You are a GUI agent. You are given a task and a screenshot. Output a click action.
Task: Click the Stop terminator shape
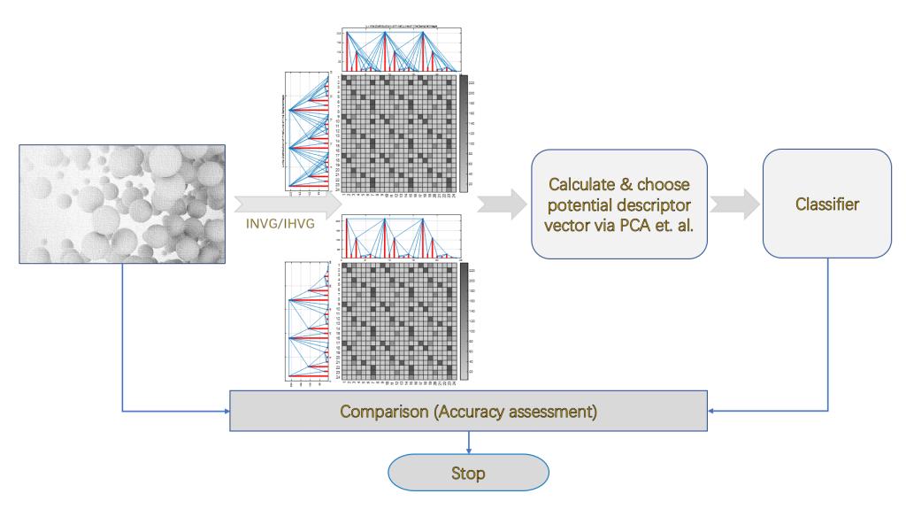coord(468,473)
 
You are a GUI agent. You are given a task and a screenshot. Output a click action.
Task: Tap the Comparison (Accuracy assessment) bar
coord(468,412)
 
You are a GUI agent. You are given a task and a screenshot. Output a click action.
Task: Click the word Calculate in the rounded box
coord(584,185)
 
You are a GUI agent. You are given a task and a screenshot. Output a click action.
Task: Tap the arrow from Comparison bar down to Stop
coord(468,442)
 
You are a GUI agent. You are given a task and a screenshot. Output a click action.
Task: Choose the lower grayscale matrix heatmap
coord(397,320)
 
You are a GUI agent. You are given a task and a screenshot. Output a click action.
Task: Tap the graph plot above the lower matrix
coord(397,237)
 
